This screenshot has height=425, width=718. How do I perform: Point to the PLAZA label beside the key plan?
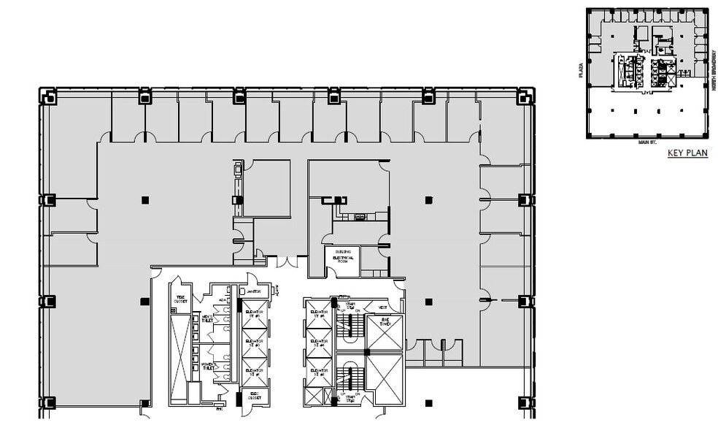pos(581,70)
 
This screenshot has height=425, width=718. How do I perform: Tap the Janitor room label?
pos(254,291)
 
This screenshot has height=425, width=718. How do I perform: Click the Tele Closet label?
pos(180,299)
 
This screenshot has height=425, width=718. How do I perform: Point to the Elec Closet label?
pos(254,396)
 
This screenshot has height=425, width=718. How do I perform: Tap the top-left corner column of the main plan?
pos(49,96)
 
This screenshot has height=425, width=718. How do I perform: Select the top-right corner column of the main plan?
pos(524,96)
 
